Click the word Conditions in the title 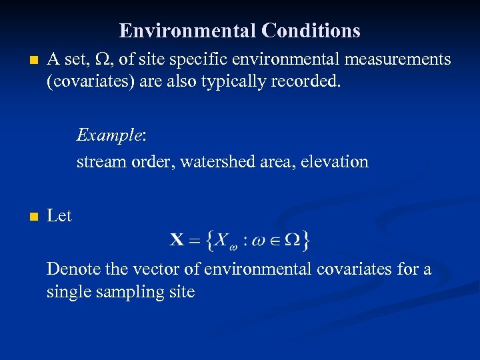click(x=311, y=31)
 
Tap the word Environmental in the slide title click(x=188, y=31)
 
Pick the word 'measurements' click(x=397, y=60)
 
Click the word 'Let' click(x=59, y=216)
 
